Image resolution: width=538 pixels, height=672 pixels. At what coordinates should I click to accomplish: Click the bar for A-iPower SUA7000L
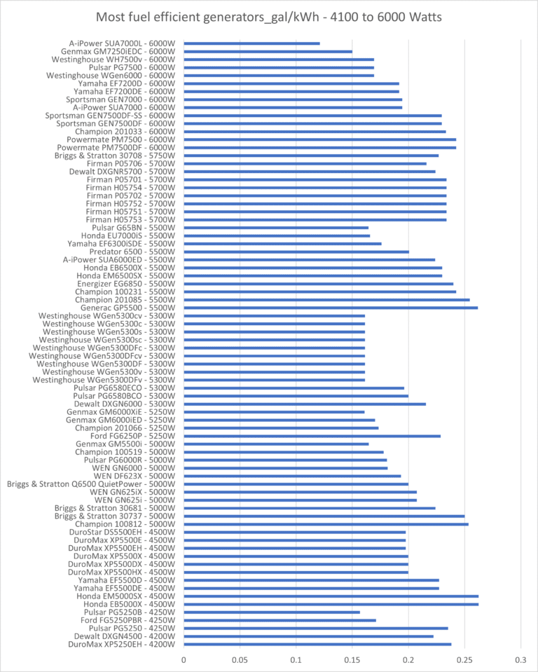252,43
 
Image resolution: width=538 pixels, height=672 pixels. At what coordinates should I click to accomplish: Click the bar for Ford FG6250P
312,436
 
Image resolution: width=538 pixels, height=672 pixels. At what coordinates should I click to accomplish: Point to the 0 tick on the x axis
184,660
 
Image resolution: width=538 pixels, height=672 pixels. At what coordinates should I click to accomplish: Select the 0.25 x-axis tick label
464,660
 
